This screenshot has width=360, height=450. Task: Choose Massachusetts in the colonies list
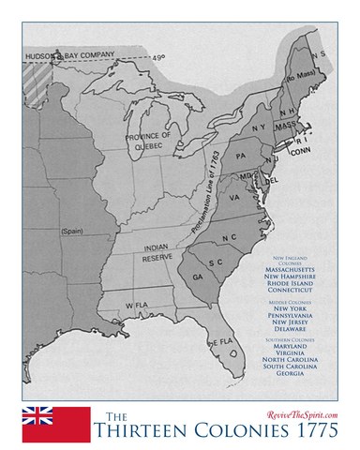click(x=293, y=269)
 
